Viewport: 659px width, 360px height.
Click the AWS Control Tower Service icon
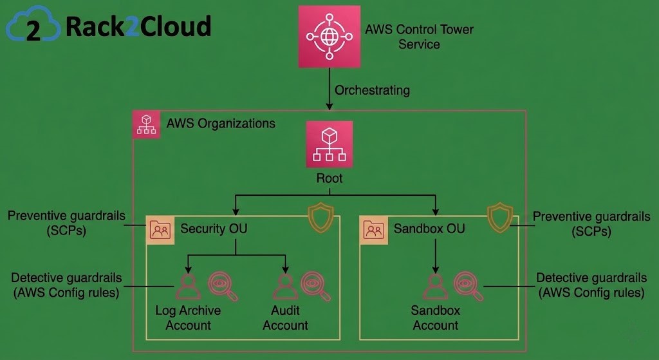(329, 36)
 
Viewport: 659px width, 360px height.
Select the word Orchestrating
(372, 90)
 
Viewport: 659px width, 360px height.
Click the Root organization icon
(329, 144)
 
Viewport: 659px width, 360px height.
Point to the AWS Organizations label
(221, 123)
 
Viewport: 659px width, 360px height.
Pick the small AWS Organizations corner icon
(145, 125)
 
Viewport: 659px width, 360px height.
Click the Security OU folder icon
(160, 230)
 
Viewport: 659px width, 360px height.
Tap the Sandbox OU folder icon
(373, 230)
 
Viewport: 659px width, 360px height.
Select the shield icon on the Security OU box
(320, 218)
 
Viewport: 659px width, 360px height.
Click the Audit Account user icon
(284, 287)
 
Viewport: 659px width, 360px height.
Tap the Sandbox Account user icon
(436, 287)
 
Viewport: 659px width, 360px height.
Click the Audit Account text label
(286, 318)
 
